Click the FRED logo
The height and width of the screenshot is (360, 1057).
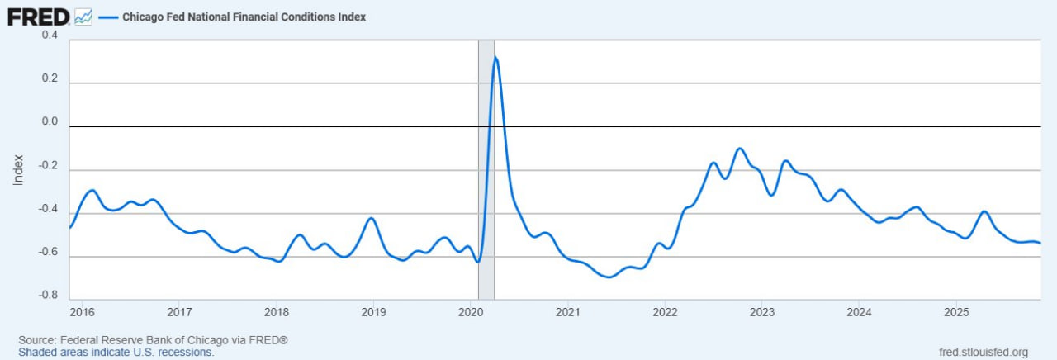pos(38,16)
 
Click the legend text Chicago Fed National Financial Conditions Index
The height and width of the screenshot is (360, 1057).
pos(244,17)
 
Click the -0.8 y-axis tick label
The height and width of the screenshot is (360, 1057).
pos(48,295)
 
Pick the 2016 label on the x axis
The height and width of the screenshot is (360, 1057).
pos(83,313)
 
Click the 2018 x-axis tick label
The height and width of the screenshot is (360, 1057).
pos(277,313)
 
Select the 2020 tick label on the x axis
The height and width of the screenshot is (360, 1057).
pos(471,313)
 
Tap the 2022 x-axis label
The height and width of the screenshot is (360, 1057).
pos(665,313)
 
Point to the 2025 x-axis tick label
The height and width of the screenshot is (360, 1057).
pos(955,313)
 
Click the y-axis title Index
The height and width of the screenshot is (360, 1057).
pos(18,168)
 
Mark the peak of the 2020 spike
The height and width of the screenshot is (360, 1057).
pos(495,56)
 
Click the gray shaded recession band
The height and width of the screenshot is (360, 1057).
pos(486,206)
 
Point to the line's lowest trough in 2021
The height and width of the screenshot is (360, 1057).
pos(609,277)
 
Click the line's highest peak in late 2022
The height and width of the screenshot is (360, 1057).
pos(740,149)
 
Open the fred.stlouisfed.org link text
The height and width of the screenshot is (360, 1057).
pos(984,353)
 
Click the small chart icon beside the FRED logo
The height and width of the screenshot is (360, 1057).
pos(83,16)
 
